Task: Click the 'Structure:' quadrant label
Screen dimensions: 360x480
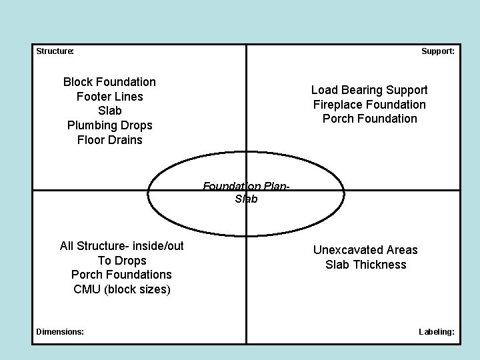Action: click(55, 51)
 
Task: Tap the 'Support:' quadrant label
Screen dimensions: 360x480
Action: click(438, 51)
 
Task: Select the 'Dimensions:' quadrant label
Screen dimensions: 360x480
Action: click(60, 331)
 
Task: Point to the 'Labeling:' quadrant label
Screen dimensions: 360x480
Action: click(437, 331)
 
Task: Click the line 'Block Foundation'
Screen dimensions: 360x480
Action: click(109, 82)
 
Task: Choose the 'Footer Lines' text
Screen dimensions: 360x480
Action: click(109, 97)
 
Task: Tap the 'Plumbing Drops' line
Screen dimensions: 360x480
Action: click(109, 125)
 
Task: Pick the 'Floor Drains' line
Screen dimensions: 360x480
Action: click(109, 140)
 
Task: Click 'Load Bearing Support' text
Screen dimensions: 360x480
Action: click(369, 90)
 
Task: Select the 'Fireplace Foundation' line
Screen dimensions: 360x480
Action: click(369, 105)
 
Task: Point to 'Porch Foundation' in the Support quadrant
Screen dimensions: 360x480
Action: click(369, 119)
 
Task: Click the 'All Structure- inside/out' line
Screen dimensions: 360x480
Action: click(121, 246)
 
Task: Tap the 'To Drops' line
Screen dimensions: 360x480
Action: click(121, 261)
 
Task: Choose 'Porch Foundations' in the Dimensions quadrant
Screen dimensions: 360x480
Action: click(121, 275)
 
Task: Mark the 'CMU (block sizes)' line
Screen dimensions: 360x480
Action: click(121, 289)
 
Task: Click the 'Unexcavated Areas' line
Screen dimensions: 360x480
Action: click(365, 250)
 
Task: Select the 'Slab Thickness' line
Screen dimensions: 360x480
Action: click(365, 265)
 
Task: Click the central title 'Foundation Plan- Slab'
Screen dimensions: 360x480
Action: click(246, 193)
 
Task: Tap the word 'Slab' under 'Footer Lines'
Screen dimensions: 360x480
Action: click(109, 111)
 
